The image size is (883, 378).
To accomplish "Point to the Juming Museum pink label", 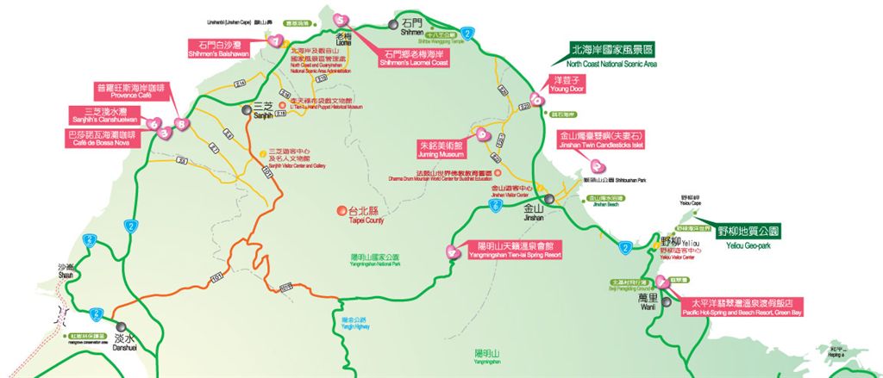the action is (x=441, y=148).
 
